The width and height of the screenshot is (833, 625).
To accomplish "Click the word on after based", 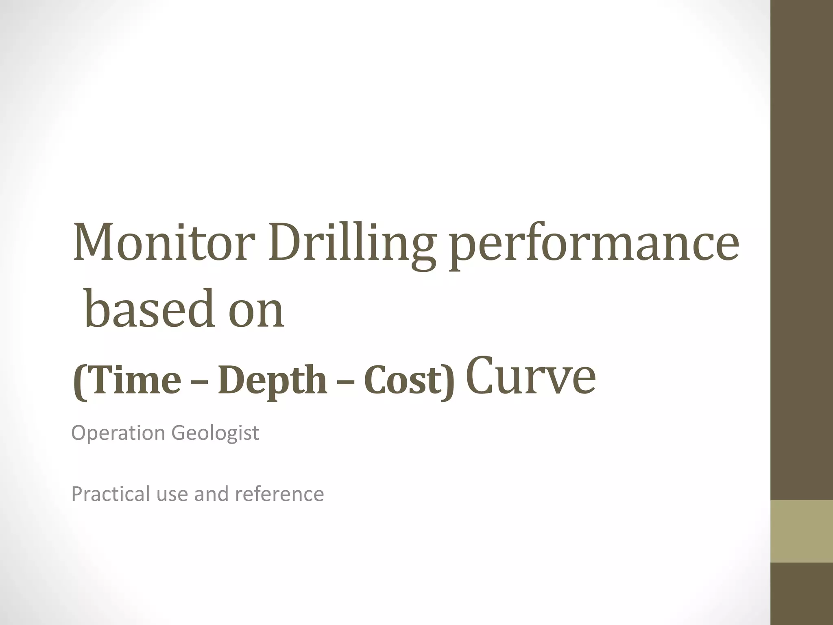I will click(x=256, y=312).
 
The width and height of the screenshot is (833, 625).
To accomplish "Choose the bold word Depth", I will click(x=273, y=381).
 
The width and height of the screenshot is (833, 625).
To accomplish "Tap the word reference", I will click(x=279, y=494).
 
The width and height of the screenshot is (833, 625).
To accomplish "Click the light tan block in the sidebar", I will click(x=801, y=531).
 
